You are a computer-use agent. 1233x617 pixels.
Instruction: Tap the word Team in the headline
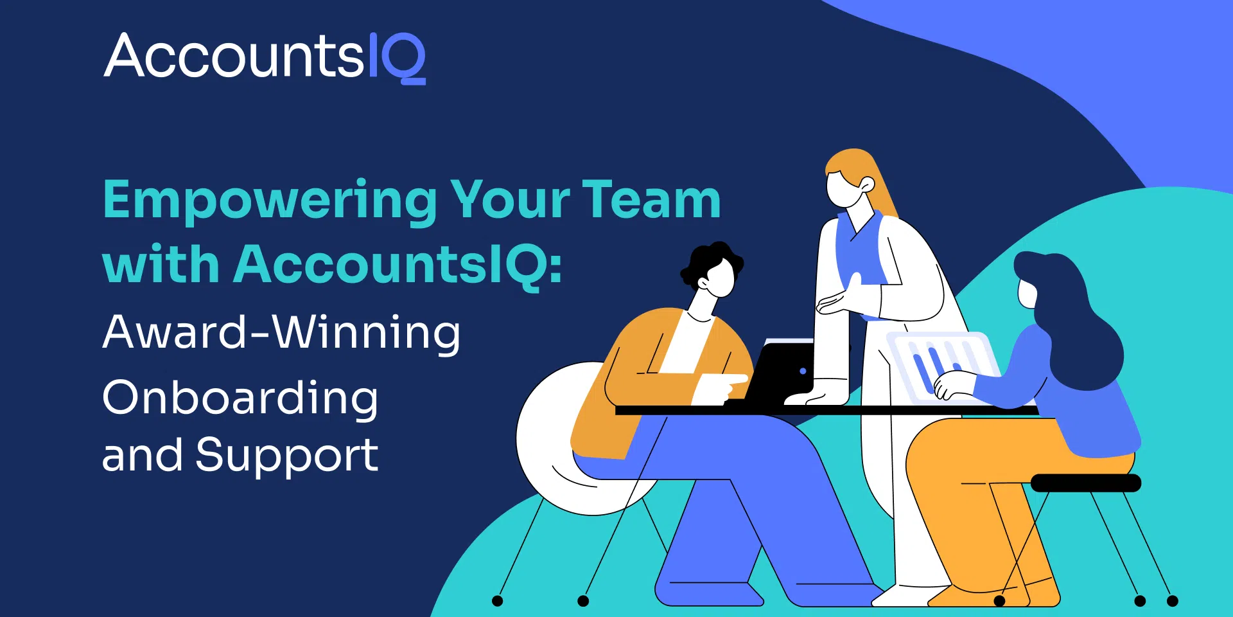[651, 199]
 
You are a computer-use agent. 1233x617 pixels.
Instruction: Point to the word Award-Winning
[281, 333]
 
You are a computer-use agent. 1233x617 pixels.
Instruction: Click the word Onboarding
[240, 398]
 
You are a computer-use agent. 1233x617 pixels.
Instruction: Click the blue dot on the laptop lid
[803, 371]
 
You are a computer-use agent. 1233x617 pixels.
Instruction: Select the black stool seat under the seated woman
[1085, 483]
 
